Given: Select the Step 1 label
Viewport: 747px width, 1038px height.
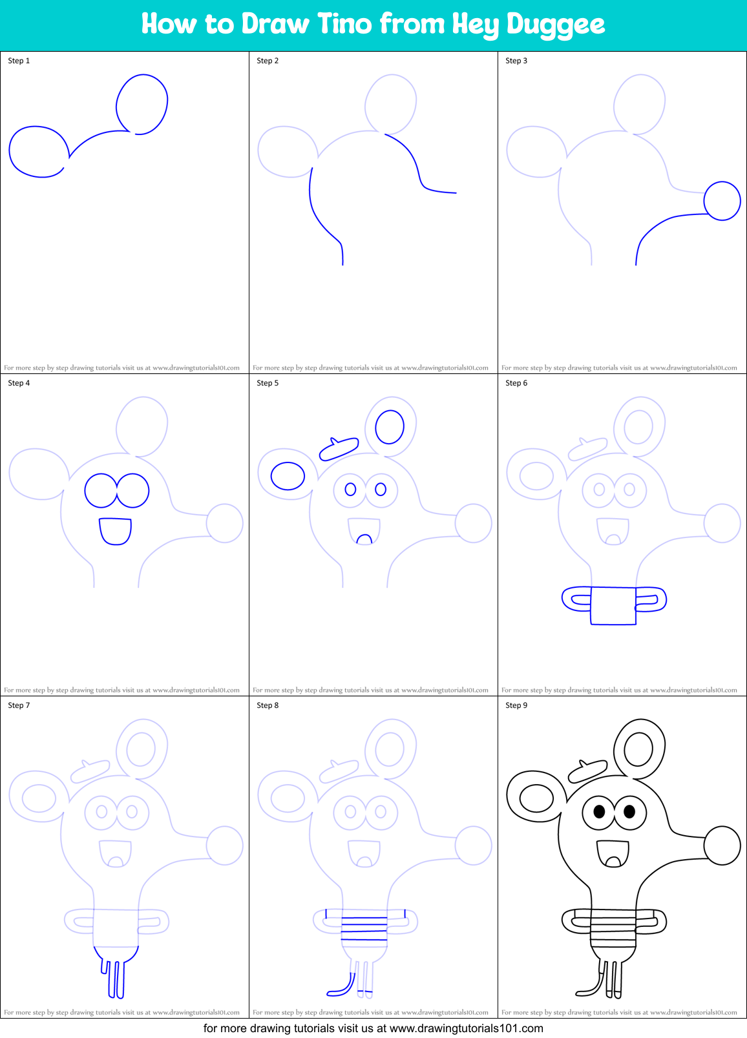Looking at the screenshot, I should point(19,61).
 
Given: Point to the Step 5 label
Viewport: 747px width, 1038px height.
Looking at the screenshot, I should point(268,383).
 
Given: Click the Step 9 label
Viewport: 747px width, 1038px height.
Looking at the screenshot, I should point(516,705).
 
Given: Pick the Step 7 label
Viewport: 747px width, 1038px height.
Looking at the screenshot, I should point(19,705).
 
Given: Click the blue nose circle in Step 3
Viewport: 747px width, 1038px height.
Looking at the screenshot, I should point(722,201).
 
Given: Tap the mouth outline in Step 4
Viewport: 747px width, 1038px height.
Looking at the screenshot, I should point(115,531).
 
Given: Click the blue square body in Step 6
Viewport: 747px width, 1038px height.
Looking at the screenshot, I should point(613,606).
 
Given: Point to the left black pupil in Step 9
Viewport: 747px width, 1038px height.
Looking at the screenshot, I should point(599,811).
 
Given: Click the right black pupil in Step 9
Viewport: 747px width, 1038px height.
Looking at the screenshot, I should point(629,811).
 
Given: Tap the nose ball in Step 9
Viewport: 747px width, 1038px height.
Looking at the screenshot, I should point(722,846).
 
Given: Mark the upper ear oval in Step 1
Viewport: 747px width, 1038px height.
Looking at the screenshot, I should point(142,104).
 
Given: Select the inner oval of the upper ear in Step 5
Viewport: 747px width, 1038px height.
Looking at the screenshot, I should point(390,427).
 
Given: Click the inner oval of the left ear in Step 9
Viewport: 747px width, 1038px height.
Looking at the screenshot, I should point(537,798).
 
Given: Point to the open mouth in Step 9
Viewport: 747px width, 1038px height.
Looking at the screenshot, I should point(613,853).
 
